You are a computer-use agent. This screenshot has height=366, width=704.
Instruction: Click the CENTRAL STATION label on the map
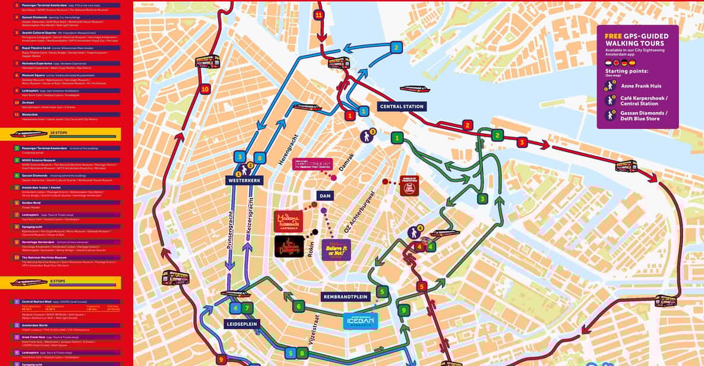[x=401, y=107]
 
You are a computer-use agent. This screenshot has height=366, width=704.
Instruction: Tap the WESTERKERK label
[x=244, y=180]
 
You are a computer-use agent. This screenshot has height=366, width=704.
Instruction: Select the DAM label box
[x=325, y=195]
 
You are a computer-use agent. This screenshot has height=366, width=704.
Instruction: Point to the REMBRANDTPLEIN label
[x=345, y=296]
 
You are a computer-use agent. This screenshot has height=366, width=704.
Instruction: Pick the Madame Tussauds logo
[x=288, y=222]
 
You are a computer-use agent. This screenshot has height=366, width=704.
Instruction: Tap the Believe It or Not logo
[x=336, y=250]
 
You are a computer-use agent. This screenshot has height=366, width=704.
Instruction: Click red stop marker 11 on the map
[x=319, y=15]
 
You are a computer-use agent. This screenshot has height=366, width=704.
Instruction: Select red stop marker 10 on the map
[x=205, y=89]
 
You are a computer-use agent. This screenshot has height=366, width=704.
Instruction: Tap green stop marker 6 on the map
[x=298, y=306]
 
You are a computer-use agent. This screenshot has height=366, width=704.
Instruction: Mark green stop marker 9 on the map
[x=404, y=310]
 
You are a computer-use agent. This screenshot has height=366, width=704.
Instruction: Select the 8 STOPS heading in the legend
[x=58, y=282]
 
